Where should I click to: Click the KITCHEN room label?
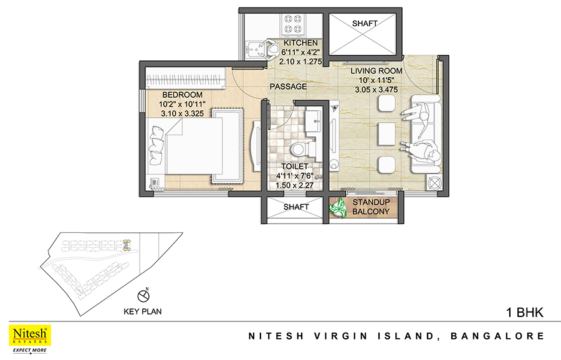point(300,43)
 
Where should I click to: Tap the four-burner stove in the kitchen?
point(293,24)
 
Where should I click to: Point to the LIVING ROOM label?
point(376,71)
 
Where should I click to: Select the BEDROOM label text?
point(183,95)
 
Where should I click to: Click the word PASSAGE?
point(288,87)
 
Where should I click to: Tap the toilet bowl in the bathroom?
point(299,149)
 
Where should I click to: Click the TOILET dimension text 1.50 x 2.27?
point(294,185)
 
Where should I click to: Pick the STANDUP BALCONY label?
point(371,207)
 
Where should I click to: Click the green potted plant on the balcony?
point(338,207)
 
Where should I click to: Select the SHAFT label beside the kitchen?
point(365,24)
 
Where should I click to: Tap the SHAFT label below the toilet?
point(296,207)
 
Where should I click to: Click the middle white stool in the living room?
point(386,134)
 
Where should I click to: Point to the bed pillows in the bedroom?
point(156,144)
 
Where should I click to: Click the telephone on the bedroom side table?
point(155,183)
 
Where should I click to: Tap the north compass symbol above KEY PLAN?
point(143,295)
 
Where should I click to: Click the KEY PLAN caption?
point(143,311)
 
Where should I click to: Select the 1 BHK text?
point(525,313)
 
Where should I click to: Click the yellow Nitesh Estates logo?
point(30,335)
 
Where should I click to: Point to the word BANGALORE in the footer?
point(497,336)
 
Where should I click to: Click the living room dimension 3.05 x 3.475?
point(376,90)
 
